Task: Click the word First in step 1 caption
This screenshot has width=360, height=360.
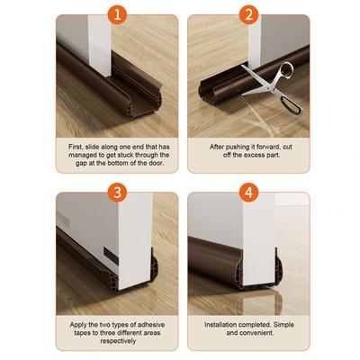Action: [x=77, y=146]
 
